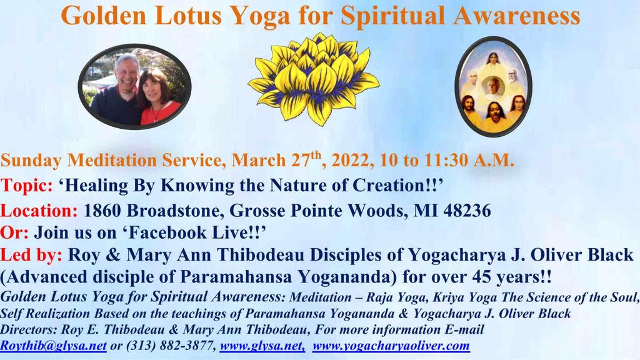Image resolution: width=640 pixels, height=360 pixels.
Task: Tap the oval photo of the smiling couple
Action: click(135, 86)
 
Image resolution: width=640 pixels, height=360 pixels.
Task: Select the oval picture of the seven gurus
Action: click(494, 86)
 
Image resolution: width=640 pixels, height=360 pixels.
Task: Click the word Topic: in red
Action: click(26, 186)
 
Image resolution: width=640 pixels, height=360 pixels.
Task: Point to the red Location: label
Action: click(39, 211)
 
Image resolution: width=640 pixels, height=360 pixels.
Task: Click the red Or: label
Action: click(14, 232)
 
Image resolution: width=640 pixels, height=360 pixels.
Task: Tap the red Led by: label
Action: click(31, 255)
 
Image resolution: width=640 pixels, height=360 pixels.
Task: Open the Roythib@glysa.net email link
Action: click(54, 346)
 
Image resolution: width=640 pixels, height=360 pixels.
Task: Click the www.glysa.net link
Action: click(262, 346)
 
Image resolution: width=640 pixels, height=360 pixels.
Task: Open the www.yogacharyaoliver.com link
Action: click(391, 346)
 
